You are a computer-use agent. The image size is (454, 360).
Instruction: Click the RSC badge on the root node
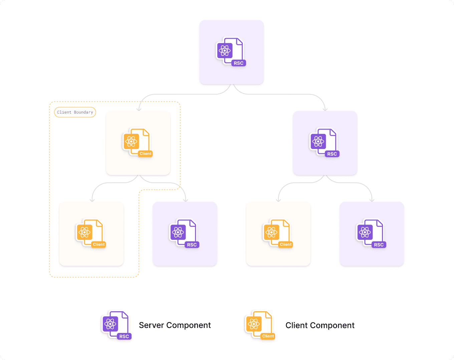coord(238,63)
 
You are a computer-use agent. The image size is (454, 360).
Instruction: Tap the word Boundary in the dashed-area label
coord(83,112)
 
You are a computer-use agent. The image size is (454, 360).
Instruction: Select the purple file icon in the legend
coord(115,325)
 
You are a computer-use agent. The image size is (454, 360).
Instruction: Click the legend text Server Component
coord(175,325)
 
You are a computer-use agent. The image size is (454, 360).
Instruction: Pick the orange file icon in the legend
coord(259,325)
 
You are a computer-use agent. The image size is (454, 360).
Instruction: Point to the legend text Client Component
coord(320,326)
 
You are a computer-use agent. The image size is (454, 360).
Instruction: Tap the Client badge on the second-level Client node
coord(146,154)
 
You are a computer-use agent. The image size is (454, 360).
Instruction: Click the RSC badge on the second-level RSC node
coord(332,154)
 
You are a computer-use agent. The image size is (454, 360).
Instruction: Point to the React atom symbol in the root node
coord(225,51)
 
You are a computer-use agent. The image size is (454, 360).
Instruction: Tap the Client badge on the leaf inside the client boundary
coord(99,244)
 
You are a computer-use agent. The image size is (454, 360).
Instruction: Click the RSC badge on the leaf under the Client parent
coord(192,245)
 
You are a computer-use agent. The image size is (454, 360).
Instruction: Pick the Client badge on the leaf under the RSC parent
coord(286,244)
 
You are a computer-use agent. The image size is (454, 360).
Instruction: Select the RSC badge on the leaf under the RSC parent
coord(379,245)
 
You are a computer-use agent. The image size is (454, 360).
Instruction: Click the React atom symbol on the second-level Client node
coord(131,142)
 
